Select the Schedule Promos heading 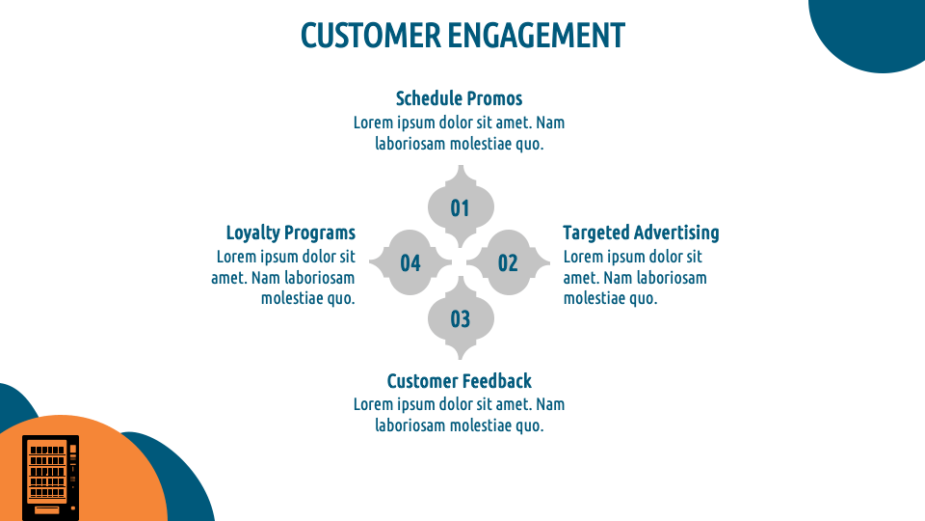[x=459, y=98]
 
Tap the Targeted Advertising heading [x=641, y=233]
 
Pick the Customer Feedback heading [x=459, y=381]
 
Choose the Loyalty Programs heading [x=290, y=233]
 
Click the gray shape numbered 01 [x=461, y=207]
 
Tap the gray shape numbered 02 [x=509, y=262]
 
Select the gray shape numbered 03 [x=461, y=318]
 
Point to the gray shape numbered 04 [x=411, y=262]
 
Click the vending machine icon [x=50, y=477]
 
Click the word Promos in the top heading [x=494, y=98]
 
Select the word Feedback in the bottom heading [x=496, y=381]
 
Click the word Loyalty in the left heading [x=253, y=233]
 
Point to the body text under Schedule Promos [x=459, y=133]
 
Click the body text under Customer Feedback [x=459, y=415]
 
